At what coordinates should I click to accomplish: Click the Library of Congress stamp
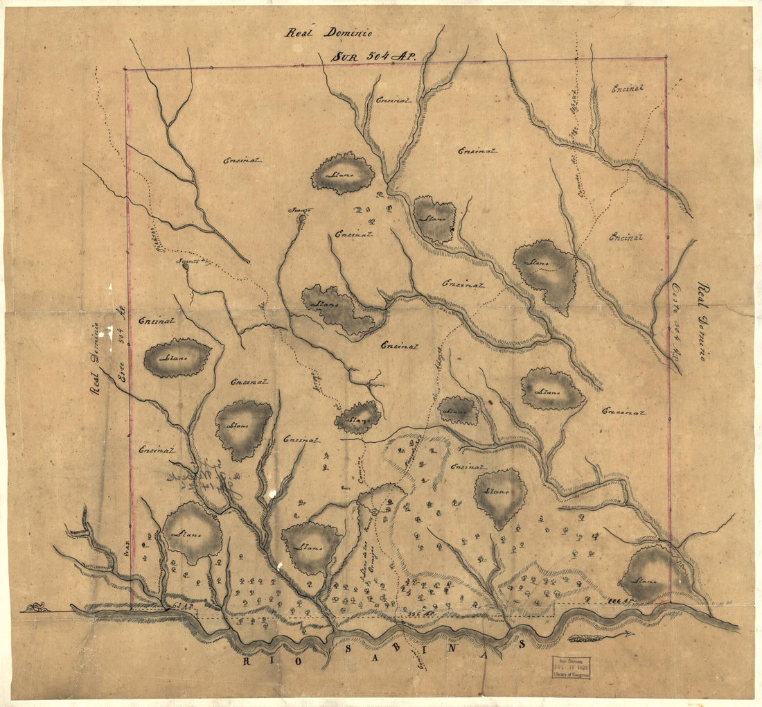[x=571, y=667]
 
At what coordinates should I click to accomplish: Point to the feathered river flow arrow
[x=600, y=635]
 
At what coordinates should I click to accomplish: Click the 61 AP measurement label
[x=182, y=606]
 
